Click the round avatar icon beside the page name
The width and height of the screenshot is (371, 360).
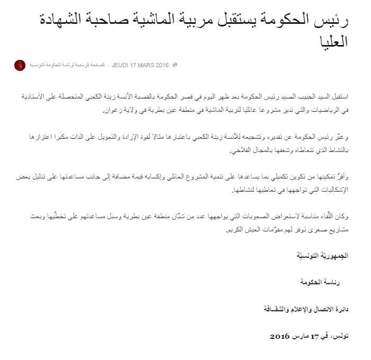pos(20,65)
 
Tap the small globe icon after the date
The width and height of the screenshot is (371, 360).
pos(175,65)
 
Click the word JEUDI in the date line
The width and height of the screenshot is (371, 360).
pos(121,65)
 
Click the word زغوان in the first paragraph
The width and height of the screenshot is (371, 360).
pos(112,111)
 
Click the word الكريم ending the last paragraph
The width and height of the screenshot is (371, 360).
pos(240,229)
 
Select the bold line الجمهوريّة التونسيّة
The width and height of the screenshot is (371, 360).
pos(323,256)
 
